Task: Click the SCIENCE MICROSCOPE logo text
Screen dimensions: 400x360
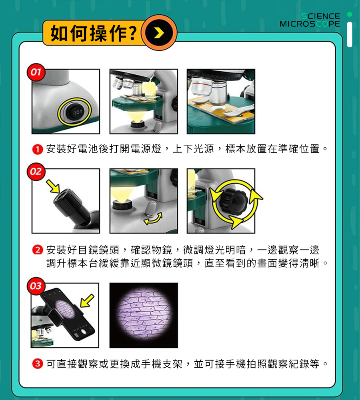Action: tap(310, 20)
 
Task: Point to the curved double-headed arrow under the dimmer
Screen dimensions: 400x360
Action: tap(154, 218)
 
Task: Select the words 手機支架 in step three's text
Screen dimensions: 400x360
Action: tap(162, 364)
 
